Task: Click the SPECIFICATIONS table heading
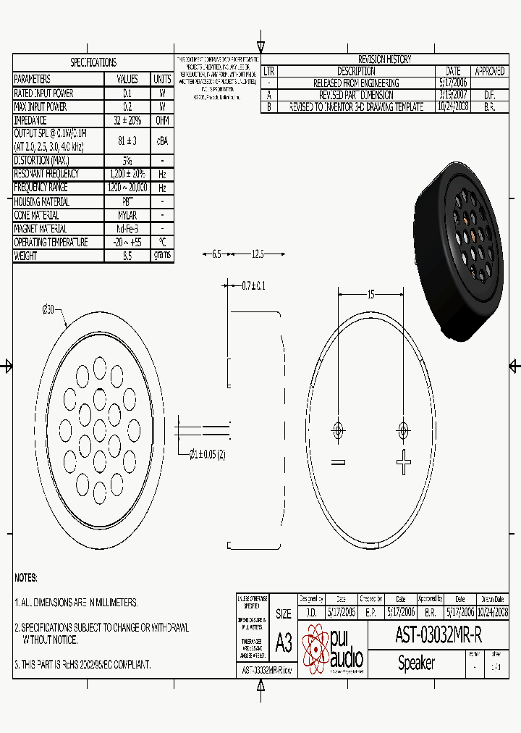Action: point(93,63)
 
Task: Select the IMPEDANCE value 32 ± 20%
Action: point(127,120)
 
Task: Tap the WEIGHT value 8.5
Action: point(127,256)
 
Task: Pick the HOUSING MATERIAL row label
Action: point(42,201)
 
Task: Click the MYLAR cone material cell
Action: point(127,215)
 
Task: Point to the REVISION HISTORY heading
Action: point(384,59)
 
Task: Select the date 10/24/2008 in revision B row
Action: point(453,106)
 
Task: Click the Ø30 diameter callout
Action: point(48,310)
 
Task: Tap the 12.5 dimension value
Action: point(258,254)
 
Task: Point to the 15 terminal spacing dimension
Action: point(370,294)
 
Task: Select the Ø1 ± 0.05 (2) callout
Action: point(207,454)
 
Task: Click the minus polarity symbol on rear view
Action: point(337,462)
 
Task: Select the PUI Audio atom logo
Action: point(315,648)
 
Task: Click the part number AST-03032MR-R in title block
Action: point(438,635)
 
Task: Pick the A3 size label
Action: point(284,643)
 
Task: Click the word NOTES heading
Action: point(26,578)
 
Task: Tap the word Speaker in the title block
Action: point(416,663)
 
